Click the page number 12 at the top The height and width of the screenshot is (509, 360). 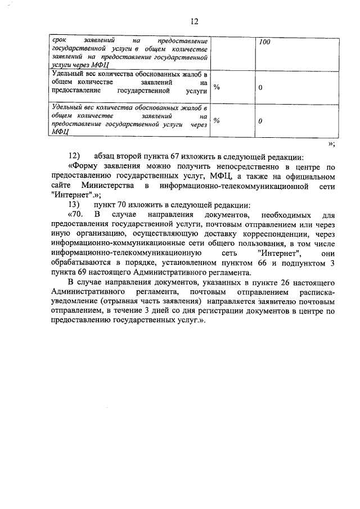click(x=194, y=22)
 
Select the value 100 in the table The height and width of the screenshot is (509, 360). click(x=265, y=43)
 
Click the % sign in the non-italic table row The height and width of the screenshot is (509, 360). click(x=217, y=88)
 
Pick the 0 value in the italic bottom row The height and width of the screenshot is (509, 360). click(x=260, y=121)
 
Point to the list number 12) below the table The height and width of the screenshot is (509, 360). click(x=74, y=156)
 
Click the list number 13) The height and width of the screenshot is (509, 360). click(x=74, y=204)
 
